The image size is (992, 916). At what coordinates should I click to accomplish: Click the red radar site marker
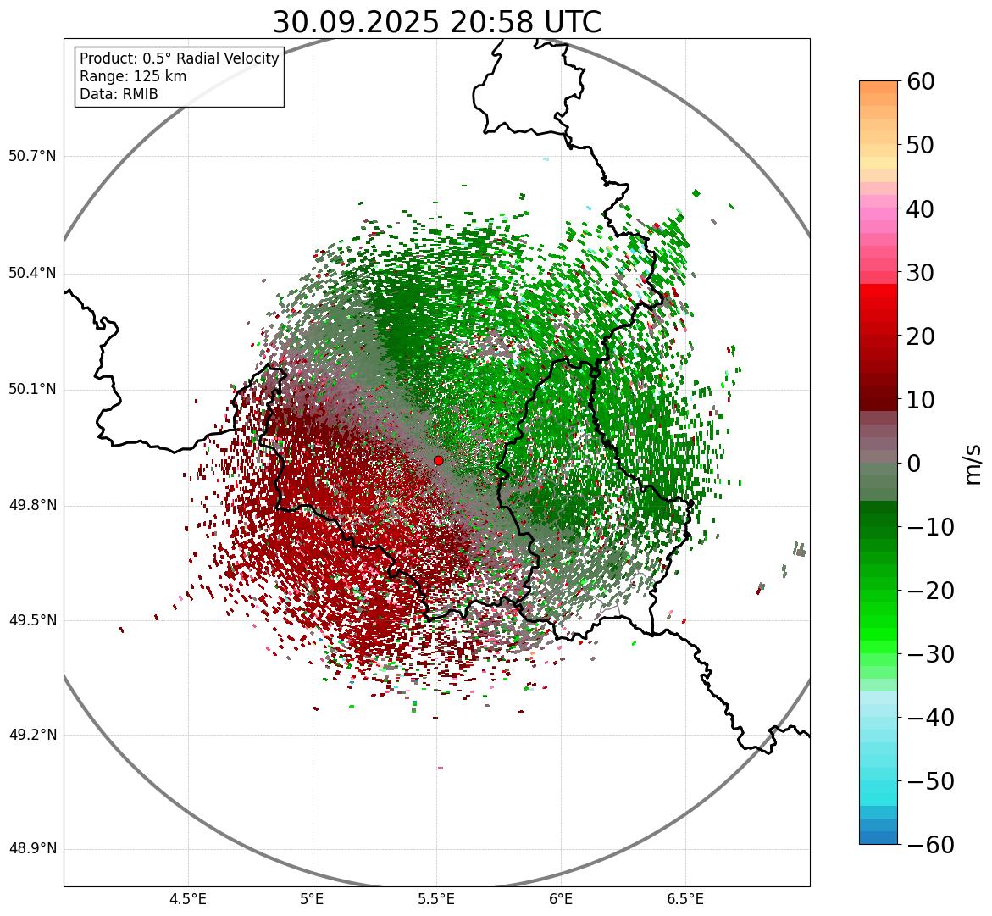coord(438,460)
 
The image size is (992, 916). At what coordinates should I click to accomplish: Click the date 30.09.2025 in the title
coord(356,22)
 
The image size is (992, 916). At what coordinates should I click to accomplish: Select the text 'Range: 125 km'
coord(133,76)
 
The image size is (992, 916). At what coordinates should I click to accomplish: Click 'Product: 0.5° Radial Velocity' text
coord(179,58)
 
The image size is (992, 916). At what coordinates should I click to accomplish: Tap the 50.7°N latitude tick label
coord(32,157)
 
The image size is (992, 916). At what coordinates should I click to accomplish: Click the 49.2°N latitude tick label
coord(32,735)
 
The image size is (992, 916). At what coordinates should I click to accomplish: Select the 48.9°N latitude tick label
coord(32,849)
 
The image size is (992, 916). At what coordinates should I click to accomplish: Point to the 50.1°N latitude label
coord(32,390)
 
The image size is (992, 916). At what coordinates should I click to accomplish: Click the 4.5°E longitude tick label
coord(188,899)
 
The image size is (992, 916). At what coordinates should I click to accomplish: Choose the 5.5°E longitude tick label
coord(436,899)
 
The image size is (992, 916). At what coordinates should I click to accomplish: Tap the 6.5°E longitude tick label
coord(684,899)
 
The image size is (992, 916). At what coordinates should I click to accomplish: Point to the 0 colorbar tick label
coord(914,464)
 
